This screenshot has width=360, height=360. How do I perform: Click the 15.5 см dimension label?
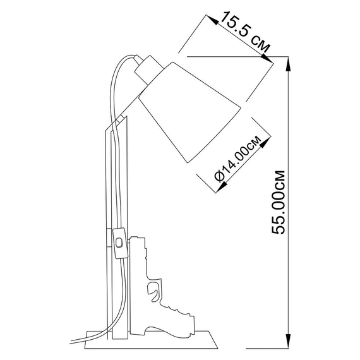(x=245, y=32)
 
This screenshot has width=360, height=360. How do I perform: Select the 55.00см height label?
(x=279, y=202)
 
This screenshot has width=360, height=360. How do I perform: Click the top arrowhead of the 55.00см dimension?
(x=289, y=64)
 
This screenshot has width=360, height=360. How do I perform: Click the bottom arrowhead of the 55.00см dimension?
(x=289, y=342)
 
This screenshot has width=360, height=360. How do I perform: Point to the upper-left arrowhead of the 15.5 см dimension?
(x=212, y=20)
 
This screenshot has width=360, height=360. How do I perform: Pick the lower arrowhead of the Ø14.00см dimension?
(x=222, y=186)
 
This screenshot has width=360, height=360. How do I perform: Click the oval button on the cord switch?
(x=119, y=243)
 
